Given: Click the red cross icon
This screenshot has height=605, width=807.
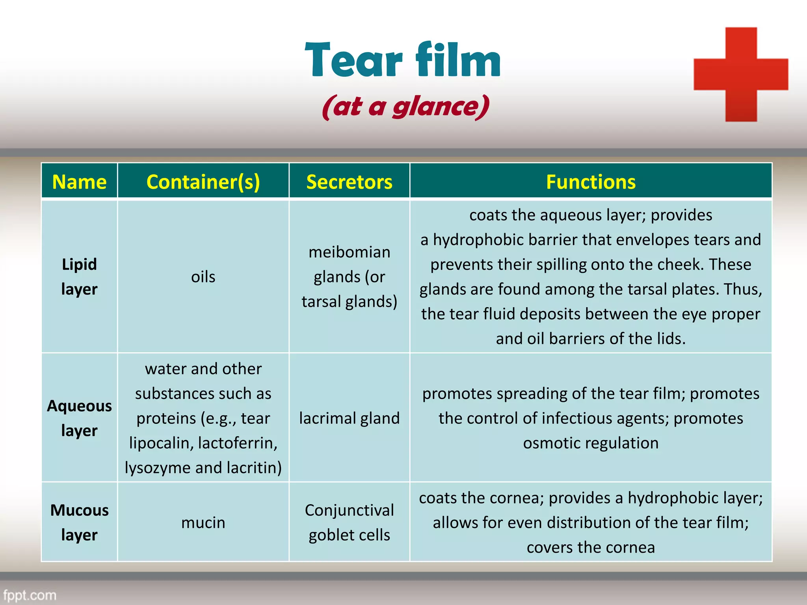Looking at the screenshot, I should [x=741, y=74].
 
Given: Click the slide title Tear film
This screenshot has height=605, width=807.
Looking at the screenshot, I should [x=403, y=60].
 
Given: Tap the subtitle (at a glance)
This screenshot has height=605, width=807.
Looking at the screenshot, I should [x=405, y=106].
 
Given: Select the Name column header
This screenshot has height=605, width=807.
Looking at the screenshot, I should [x=79, y=182].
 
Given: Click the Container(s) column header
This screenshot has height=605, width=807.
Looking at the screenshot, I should [x=203, y=182].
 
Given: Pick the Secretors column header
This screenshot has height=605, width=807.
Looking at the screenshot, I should [x=349, y=182].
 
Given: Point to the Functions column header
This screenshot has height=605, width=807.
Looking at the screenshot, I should [x=590, y=182].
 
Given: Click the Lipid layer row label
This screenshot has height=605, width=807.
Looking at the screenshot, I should [x=79, y=277].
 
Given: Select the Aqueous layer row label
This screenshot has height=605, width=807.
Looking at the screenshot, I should [x=79, y=418].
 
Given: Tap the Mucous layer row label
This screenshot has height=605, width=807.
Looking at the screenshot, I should [x=79, y=522].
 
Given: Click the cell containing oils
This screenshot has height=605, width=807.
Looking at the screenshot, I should [x=203, y=277].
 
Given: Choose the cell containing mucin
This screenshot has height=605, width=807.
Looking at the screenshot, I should [x=203, y=523].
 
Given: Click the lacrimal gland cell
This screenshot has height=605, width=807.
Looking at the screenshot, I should [x=349, y=418].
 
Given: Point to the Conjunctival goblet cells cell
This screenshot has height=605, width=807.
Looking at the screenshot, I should [x=349, y=522].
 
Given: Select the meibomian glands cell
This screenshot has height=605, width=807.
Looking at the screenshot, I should [x=349, y=277].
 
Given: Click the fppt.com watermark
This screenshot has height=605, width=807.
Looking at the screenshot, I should [x=30, y=595].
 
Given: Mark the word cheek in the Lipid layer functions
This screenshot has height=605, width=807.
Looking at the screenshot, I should [x=679, y=264].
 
